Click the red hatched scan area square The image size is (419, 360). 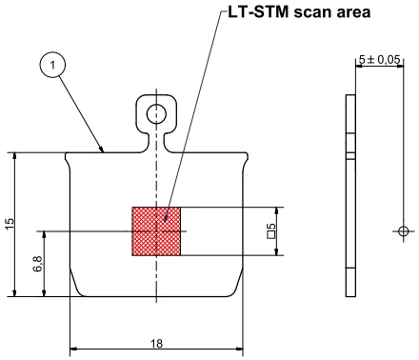156,231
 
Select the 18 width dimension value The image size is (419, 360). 156,345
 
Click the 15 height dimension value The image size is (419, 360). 9,224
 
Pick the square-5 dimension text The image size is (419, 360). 271,230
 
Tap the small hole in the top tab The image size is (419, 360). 157,114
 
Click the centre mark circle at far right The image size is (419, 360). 404,231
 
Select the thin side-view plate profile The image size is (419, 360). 349,195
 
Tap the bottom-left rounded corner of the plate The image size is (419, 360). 76,289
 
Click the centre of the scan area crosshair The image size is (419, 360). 156,231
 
